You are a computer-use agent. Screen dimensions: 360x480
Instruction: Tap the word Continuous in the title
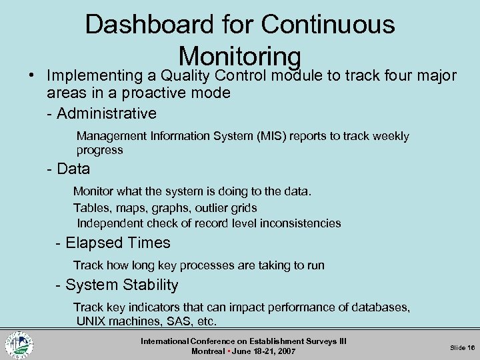click(328, 25)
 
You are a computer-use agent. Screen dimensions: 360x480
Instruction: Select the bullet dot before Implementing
click(23, 75)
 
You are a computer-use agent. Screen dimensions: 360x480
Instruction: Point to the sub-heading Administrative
click(107, 113)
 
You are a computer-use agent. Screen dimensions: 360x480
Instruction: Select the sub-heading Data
click(73, 169)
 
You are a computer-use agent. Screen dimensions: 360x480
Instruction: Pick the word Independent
click(109, 223)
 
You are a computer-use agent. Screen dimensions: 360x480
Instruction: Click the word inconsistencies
click(299, 223)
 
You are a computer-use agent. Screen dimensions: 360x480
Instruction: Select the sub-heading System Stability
click(121, 285)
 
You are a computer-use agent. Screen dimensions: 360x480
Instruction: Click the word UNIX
click(92, 321)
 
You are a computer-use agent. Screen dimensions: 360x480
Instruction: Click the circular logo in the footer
click(19, 345)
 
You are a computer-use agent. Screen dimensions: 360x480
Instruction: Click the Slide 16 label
click(462, 347)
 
